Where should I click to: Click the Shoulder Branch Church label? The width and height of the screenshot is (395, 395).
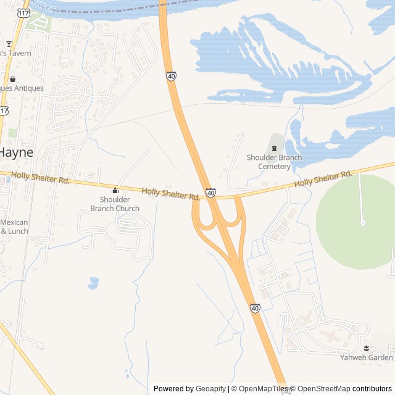click(x=115, y=204)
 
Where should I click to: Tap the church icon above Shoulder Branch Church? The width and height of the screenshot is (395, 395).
click(x=115, y=190)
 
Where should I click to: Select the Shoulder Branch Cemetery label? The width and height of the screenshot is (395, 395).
click(x=274, y=162)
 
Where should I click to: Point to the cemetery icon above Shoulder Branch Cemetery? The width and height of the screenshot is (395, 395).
click(x=274, y=148)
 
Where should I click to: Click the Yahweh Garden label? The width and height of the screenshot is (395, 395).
click(x=367, y=357)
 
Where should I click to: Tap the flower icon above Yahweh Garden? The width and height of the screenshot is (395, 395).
click(x=367, y=348)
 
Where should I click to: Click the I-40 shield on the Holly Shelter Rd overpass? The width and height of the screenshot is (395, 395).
click(x=211, y=193)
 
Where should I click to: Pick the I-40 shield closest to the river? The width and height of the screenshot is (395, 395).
click(x=171, y=76)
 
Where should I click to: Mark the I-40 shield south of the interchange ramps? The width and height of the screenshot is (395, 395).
click(x=255, y=307)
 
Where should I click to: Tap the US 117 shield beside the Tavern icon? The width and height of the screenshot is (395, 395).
click(x=23, y=12)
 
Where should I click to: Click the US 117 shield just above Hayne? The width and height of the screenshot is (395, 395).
click(x=5, y=110)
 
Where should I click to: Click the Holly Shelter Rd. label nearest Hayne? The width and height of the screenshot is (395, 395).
click(x=40, y=179)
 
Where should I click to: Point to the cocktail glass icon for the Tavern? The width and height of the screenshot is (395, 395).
click(x=9, y=44)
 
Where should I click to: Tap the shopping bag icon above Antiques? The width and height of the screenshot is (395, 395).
click(x=12, y=79)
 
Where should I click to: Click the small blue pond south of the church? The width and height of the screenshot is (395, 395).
click(x=93, y=283)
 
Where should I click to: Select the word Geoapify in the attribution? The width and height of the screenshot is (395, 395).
click(x=210, y=389)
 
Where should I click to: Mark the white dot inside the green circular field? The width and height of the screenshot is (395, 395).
click(x=362, y=222)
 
